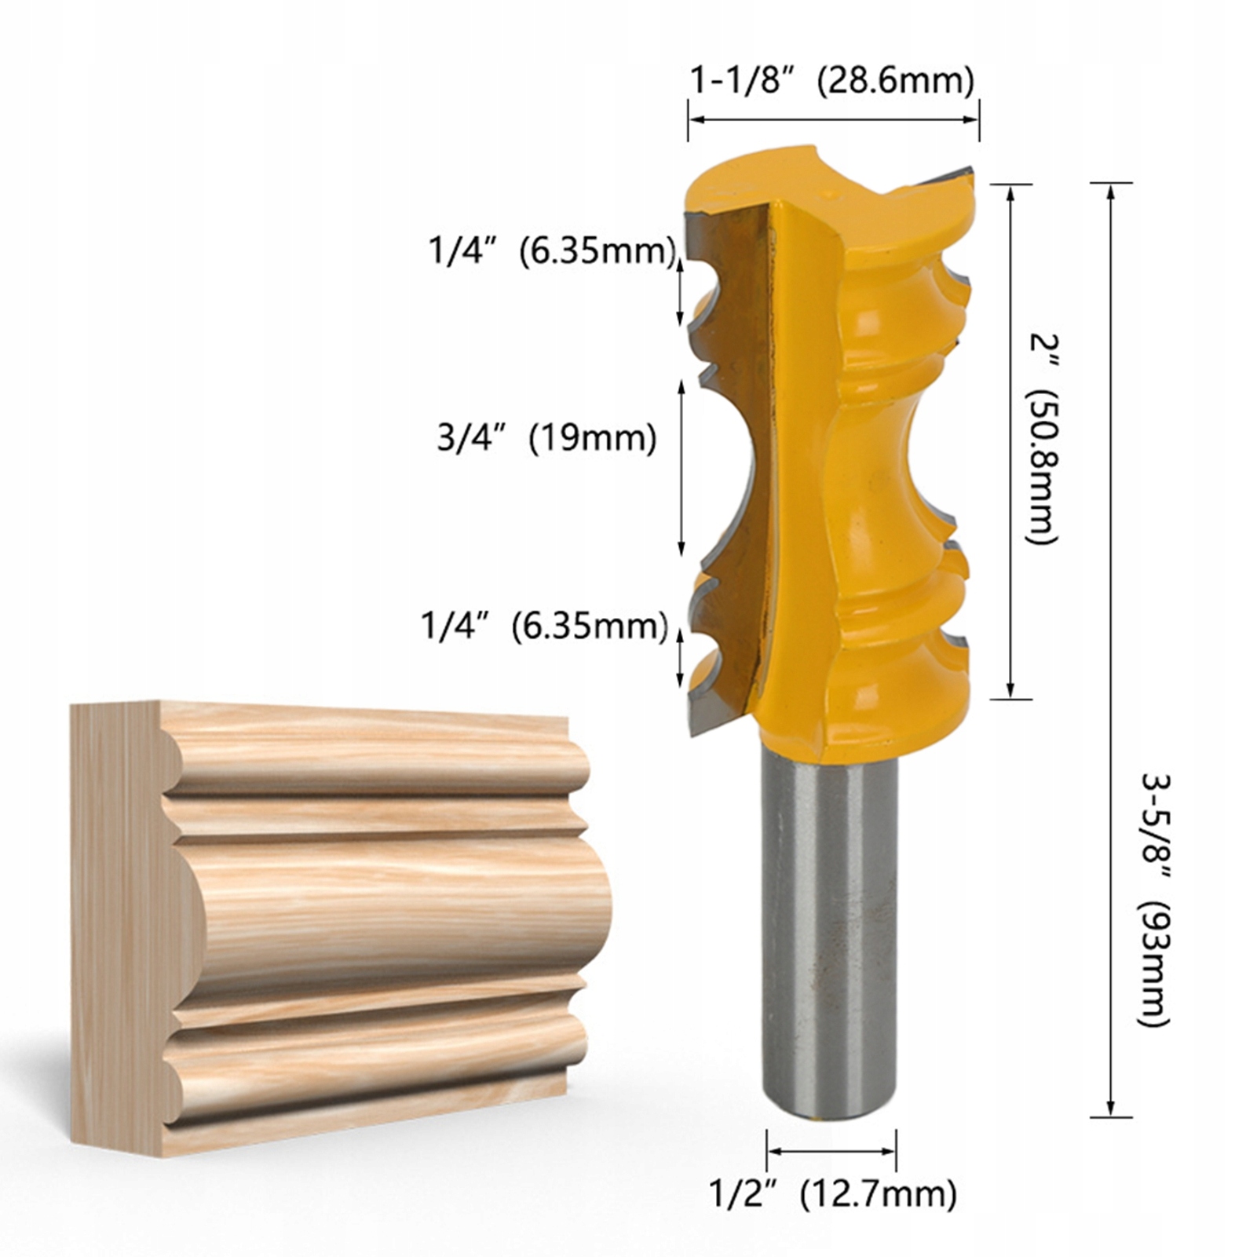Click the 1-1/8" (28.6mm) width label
tap(832, 81)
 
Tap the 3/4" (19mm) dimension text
tap(546, 437)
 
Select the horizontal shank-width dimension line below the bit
tap(831, 1152)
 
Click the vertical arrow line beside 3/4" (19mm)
tap(681, 469)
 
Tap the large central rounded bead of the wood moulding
tap(393, 911)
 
